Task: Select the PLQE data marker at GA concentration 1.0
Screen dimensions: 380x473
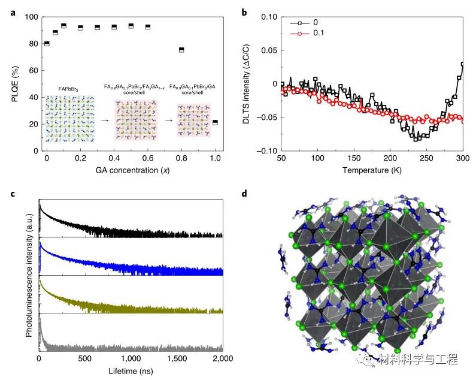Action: (215, 122)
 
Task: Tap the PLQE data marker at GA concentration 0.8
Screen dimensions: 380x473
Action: (181, 50)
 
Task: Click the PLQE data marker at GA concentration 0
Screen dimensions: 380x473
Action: (47, 44)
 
